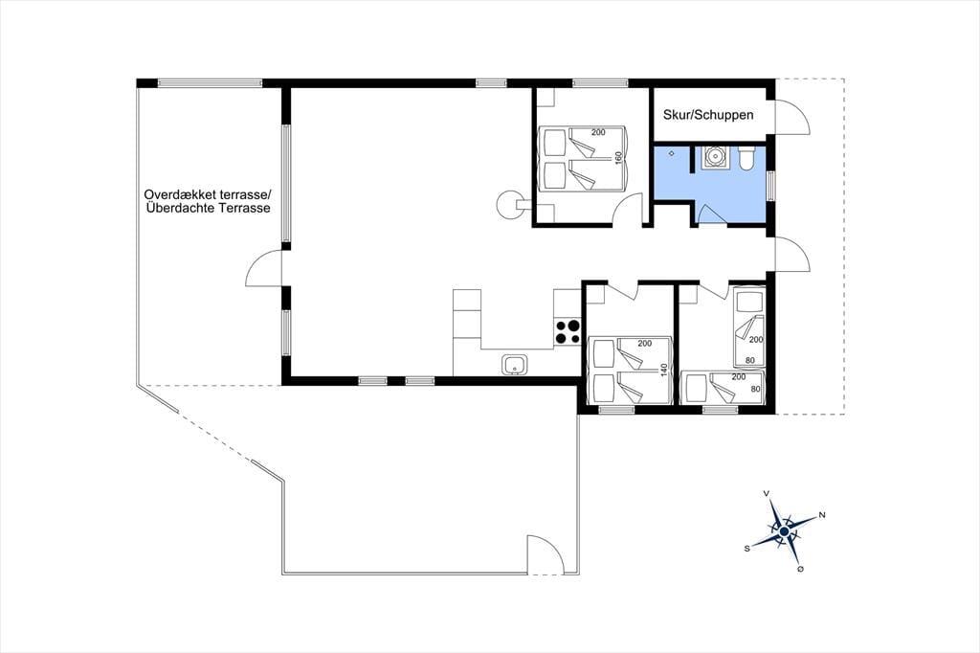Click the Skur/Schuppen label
coord(708,115)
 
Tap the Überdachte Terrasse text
coord(208,209)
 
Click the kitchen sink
coord(514,364)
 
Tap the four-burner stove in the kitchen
coord(567,331)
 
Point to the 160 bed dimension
coord(619,158)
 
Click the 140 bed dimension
coord(664,371)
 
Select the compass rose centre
coord(785,531)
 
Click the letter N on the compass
coord(822,515)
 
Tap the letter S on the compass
coord(746,548)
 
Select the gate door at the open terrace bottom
coord(546,553)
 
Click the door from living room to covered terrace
coord(264,268)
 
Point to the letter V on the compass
coord(767,493)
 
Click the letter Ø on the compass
coord(801,569)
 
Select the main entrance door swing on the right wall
coord(792,254)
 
